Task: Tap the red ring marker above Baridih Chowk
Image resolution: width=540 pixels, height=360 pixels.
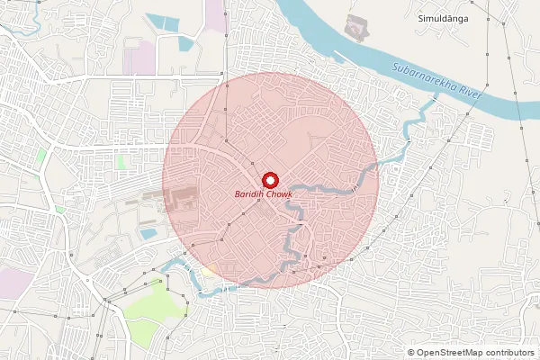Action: tap(268, 178)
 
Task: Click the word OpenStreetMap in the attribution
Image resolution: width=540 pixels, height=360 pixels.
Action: tap(455, 352)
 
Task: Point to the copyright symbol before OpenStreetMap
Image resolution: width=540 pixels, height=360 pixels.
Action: tap(411, 352)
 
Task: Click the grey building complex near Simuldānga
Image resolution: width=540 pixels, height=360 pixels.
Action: tap(357, 29)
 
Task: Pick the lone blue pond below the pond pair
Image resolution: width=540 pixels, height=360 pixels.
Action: tap(187, 43)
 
